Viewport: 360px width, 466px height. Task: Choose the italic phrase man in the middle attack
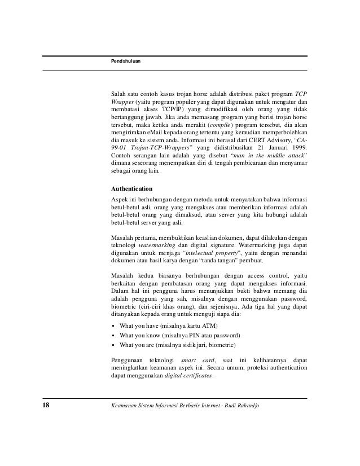[264, 155]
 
